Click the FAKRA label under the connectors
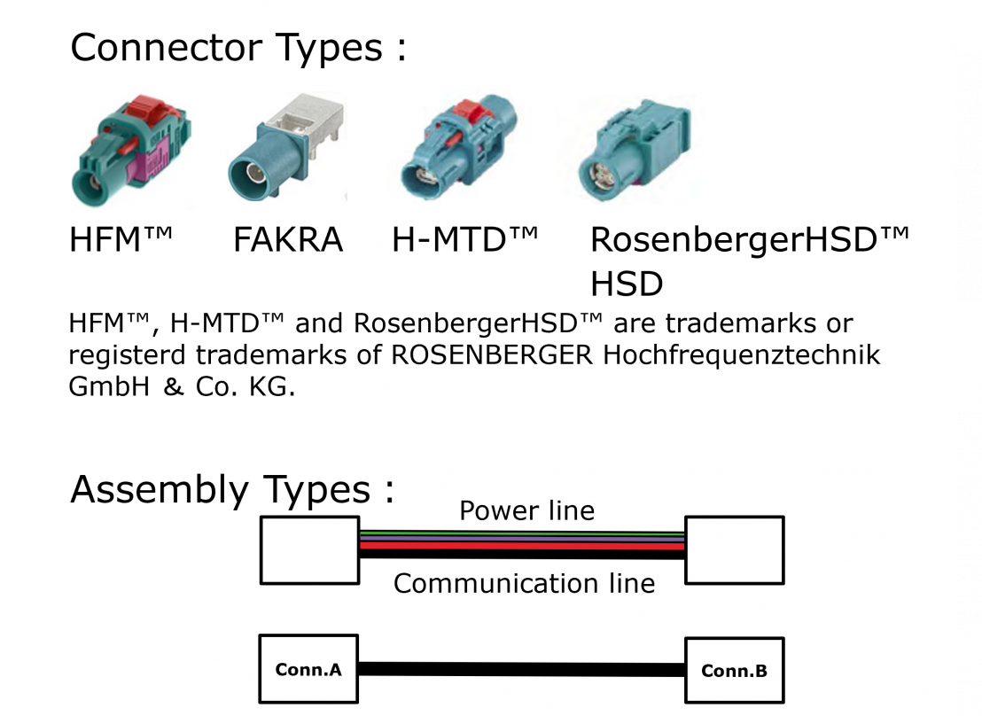(287, 240)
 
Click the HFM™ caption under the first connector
(121, 240)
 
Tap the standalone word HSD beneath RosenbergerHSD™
(627, 284)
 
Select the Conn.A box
(308, 670)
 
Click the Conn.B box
(734, 671)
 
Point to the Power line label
(526, 511)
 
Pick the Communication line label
(524, 583)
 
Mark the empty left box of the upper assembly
(308, 550)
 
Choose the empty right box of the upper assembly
(734, 550)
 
